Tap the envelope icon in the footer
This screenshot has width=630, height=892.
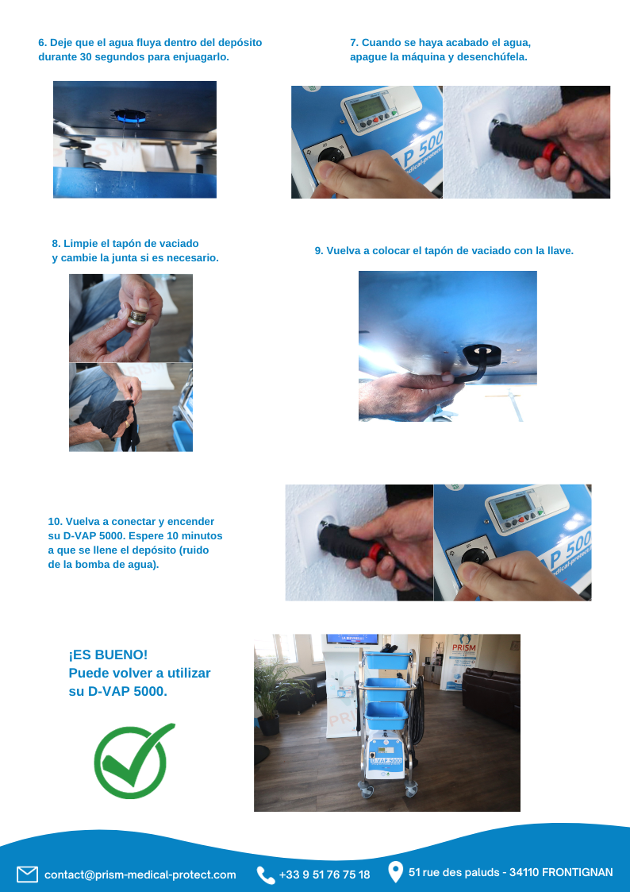(x=27, y=874)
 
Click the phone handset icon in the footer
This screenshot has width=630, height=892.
(x=265, y=875)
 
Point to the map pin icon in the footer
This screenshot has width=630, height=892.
(x=395, y=872)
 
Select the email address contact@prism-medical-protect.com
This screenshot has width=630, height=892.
(x=140, y=875)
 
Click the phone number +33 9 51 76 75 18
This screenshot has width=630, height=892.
(x=325, y=875)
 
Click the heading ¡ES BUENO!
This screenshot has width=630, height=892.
(x=108, y=655)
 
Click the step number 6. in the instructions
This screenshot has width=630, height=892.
(x=43, y=43)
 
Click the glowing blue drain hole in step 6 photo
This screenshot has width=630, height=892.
(x=131, y=116)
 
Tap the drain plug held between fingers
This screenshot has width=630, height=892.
(x=137, y=317)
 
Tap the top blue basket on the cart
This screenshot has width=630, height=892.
(x=387, y=661)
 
